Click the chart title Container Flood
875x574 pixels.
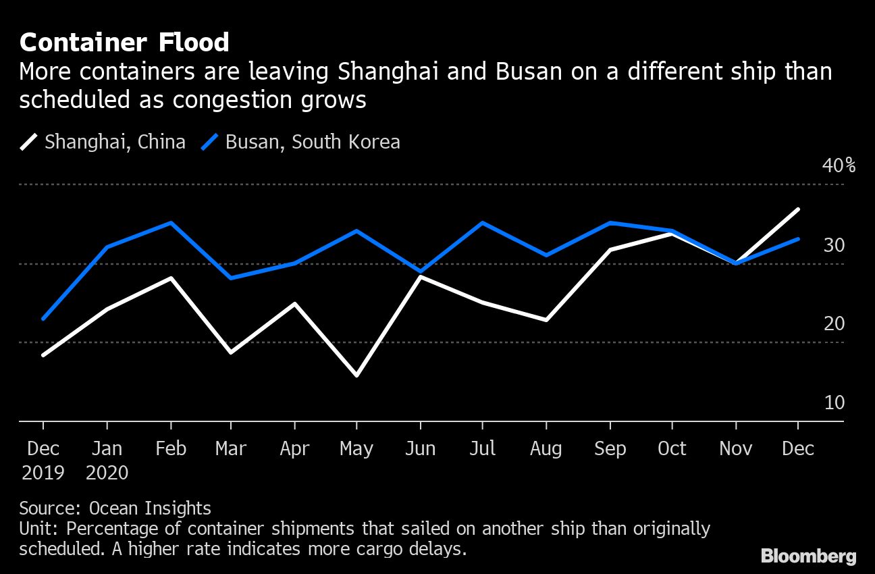pos(124,43)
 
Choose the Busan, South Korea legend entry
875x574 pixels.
pos(312,142)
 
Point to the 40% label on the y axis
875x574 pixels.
pos(839,165)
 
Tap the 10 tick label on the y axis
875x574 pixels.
pos(834,402)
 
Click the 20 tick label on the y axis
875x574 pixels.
pos(834,323)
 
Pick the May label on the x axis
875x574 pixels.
pos(356,449)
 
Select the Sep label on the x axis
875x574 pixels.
pos(610,449)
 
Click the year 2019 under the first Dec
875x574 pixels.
pos(43,473)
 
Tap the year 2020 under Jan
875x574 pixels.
pos(107,473)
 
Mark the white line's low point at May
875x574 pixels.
pos(356,375)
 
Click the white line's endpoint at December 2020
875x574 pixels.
pos(799,209)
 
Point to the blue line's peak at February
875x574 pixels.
pos(171,222)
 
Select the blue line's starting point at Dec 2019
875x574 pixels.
pos(43,319)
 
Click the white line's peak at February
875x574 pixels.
pos(171,278)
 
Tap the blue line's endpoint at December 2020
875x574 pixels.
pos(799,238)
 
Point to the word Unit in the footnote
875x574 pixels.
pos(38,528)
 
